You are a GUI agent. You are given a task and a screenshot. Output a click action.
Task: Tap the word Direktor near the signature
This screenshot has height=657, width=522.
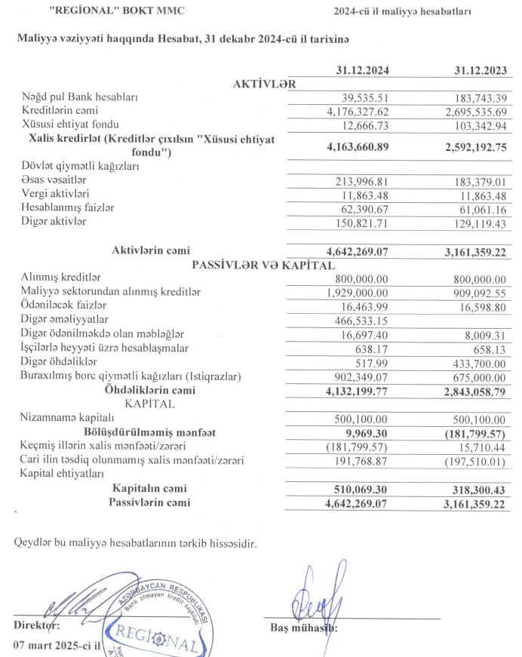pos(36,625)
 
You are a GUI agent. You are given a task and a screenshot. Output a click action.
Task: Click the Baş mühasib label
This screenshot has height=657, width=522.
pos(302,625)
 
